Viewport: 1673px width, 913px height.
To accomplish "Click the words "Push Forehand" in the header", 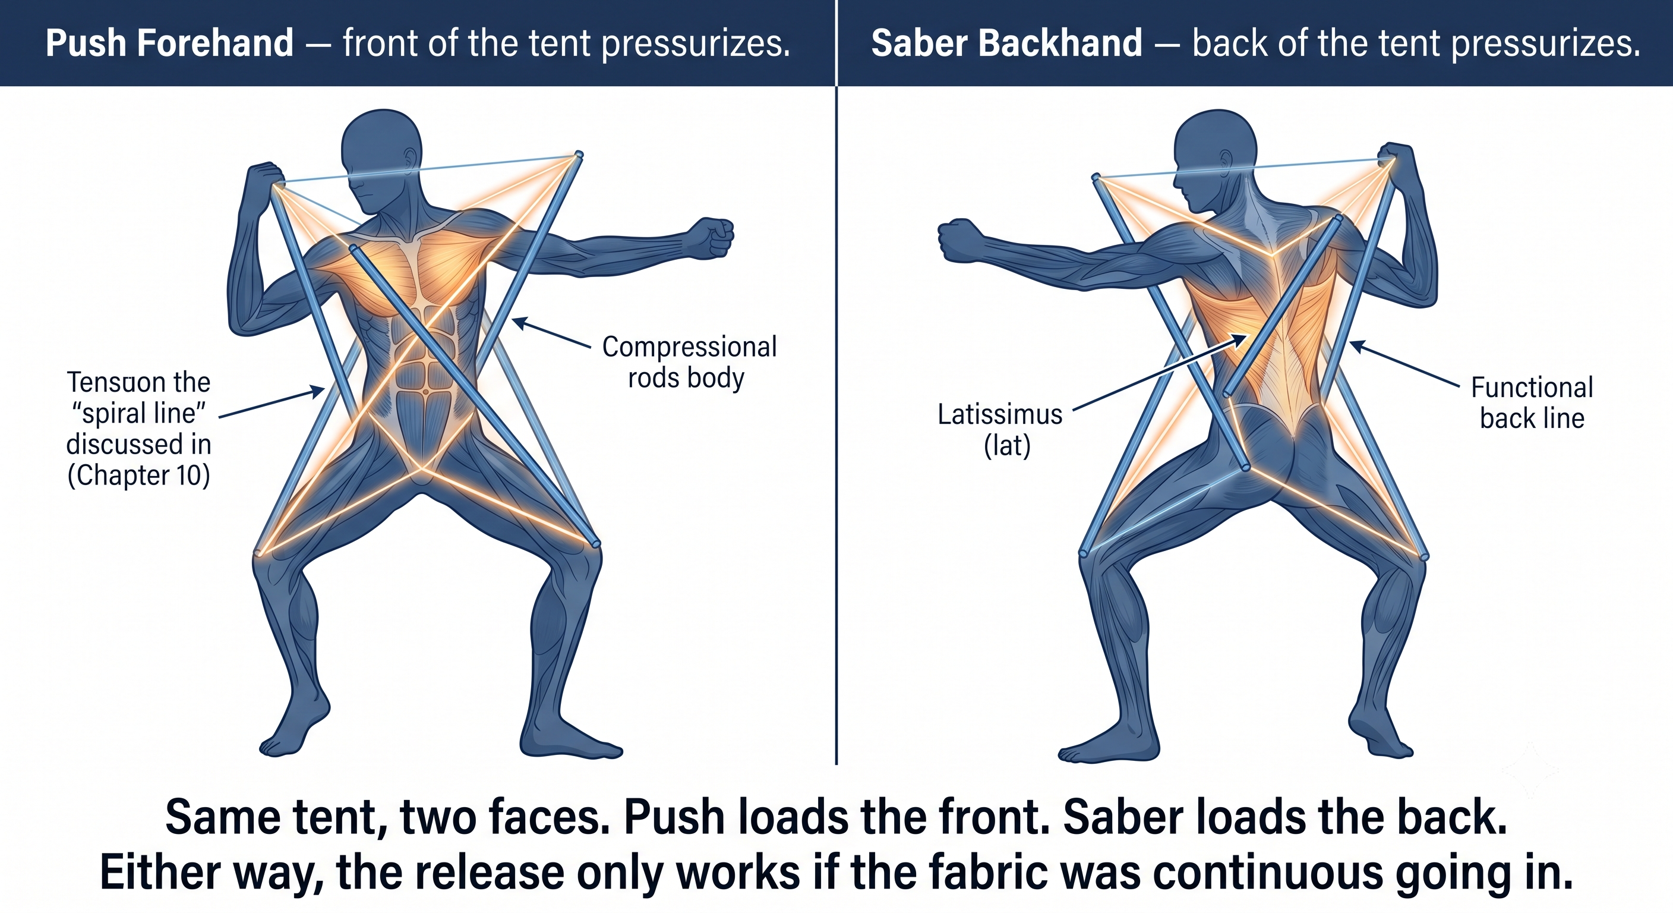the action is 169,43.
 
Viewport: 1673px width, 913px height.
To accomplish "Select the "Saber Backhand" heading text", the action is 1006,43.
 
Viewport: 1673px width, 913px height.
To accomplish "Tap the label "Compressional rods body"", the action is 689,362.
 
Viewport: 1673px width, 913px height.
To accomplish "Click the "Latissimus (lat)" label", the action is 1000,430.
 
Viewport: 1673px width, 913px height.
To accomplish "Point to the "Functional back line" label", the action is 1532,403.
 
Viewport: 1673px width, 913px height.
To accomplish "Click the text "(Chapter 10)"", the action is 139,475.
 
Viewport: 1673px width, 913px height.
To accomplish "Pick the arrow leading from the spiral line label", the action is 272,403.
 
